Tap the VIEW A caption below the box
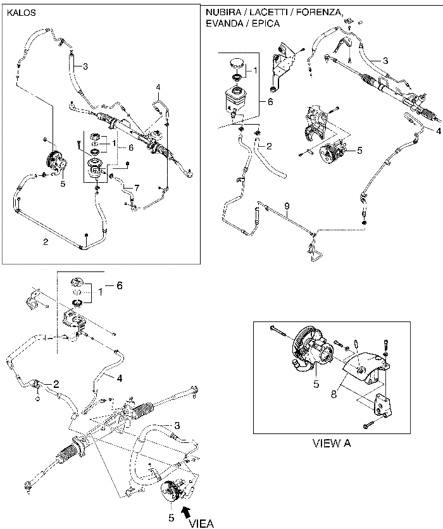coord(332,443)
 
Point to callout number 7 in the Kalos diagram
coord(136,188)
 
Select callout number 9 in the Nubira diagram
coord(286,206)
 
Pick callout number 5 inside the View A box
coord(316,383)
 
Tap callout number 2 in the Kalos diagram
coord(46,240)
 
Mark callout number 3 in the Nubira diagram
coord(384,60)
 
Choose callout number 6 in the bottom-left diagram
coord(118,285)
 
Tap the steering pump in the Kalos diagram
coord(54,163)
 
